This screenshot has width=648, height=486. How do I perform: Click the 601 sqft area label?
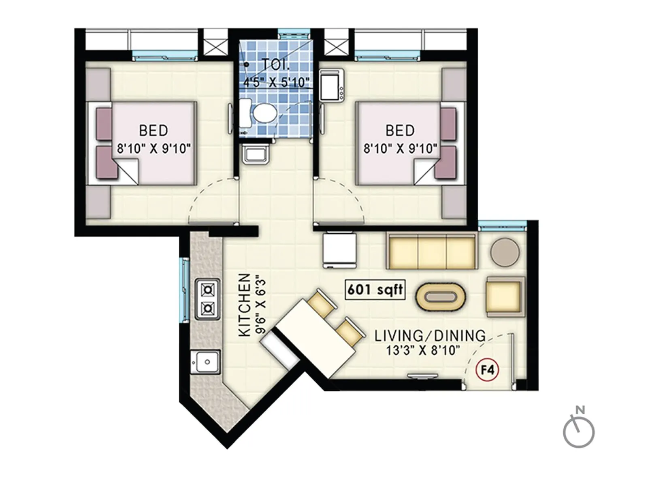[375, 290]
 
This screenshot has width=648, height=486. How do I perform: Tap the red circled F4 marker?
[487, 370]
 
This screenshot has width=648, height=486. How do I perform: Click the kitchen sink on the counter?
[205, 362]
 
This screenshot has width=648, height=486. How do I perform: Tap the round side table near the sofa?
[505, 252]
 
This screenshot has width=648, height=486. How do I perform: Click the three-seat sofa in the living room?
[432, 252]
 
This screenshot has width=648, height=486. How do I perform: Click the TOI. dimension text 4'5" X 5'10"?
[276, 83]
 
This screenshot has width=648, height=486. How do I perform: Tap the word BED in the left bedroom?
[153, 130]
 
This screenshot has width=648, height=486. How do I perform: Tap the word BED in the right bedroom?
[400, 130]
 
